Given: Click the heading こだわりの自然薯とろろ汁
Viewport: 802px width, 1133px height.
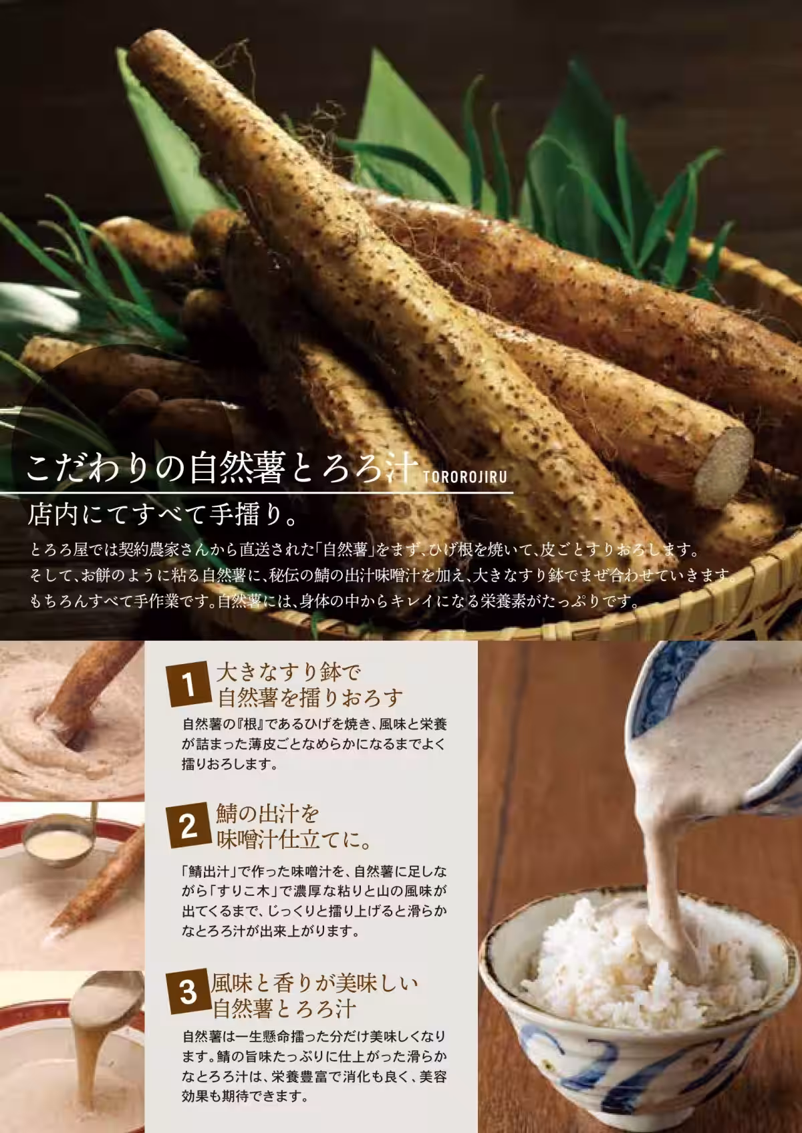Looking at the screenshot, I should pyautogui.click(x=222, y=468).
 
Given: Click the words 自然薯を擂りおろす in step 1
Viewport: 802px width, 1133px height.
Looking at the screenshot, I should pyautogui.click(x=311, y=699).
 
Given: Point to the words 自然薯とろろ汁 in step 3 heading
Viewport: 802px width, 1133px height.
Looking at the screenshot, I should pyautogui.click(x=285, y=1007).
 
